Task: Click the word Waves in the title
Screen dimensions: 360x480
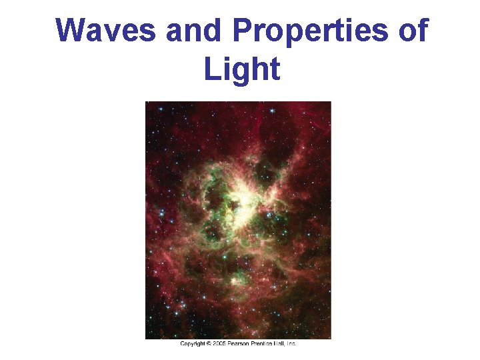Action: tap(105, 31)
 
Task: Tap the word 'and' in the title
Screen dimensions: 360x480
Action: tap(193, 31)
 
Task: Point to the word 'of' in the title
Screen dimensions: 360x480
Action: tap(412, 31)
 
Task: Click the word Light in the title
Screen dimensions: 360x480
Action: tap(242, 69)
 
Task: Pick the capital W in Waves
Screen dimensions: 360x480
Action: tap(70, 31)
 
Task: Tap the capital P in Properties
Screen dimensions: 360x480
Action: tap(243, 31)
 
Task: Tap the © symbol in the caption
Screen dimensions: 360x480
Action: tap(210, 343)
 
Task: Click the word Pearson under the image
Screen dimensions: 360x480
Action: tap(240, 343)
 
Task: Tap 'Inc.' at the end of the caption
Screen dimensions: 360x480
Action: tap(292, 343)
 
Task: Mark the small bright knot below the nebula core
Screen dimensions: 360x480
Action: tap(235, 281)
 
